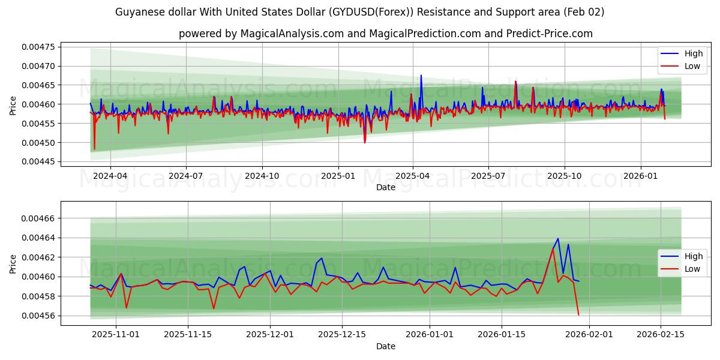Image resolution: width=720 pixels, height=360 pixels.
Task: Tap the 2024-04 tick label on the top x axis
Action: pyautogui.click(x=110, y=176)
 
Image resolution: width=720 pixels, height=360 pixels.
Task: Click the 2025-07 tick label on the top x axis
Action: pyautogui.click(x=488, y=176)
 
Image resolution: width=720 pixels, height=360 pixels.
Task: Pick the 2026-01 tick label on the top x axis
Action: pyautogui.click(x=641, y=176)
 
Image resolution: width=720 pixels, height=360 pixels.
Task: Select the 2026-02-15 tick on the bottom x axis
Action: pyautogui.click(x=661, y=335)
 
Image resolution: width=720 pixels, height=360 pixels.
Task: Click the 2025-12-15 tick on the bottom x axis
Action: pyautogui.click(x=342, y=335)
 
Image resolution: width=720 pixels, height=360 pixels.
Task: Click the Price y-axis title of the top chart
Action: pyautogui.click(x=13, y=106)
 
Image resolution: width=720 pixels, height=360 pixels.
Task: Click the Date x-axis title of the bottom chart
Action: pyautogui.click(x=385, y=346)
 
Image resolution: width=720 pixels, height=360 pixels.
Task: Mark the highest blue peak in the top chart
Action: pyautogui.click(x=421, y=76)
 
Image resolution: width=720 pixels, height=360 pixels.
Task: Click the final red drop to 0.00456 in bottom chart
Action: pyautogui.click(x=578, y=314)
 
